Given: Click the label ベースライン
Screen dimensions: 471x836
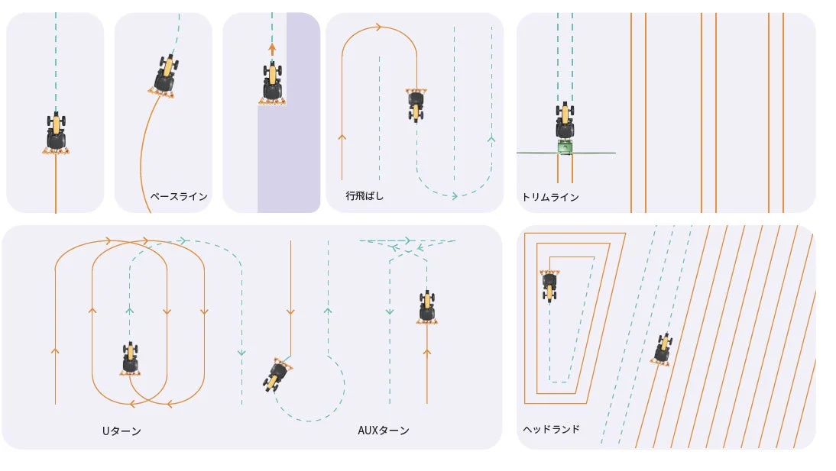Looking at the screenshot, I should [x=179, y=196].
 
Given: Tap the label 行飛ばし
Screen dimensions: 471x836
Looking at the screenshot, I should [x=365, y=196].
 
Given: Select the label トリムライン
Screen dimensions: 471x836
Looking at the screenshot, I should [x=550, y=197].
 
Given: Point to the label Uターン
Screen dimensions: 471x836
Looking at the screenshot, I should [x=122, y=431].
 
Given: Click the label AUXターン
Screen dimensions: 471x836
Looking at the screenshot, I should [x=384, y=431].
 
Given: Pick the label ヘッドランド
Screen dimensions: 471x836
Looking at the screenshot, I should [x=551, y=429].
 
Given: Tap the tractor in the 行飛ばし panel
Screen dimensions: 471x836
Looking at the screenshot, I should [x=416, y=105].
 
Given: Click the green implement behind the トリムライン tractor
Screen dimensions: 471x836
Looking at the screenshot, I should [x=565, y=147].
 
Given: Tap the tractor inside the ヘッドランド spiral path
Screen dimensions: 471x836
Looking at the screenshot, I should [x=549, y=285].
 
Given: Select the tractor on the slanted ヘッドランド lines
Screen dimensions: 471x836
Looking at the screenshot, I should [x=663, y=349].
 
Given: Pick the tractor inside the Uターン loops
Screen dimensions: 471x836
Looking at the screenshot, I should [x=131, y=358].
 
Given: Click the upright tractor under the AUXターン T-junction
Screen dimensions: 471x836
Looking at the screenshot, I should [x=427, y=306].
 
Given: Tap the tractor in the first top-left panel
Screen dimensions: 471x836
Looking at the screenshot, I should [x=56, y=132].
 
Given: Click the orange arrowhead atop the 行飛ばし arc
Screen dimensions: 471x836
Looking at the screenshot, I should [x=379, y=28].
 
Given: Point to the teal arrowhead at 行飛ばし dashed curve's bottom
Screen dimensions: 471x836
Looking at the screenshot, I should [x=455, y=195].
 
